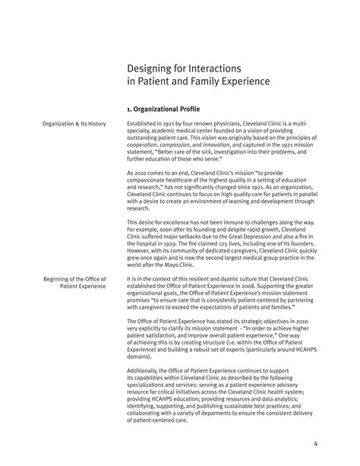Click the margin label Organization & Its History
click(x=74, y=123)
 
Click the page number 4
click(x=336, y=445)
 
